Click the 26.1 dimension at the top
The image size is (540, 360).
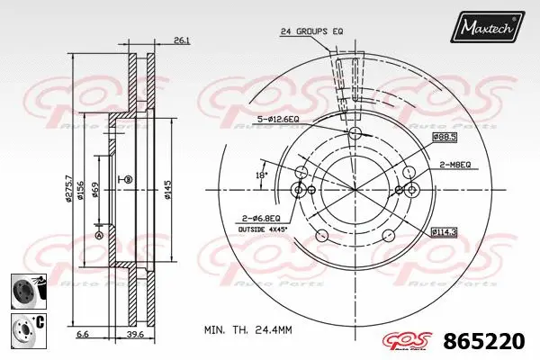click(x=181, y=40)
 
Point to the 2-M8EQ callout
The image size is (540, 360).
click(x=456, y=166)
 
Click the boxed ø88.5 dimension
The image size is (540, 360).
click(x=445, y=136)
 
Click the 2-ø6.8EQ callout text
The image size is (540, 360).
click(x=260, y=218)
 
